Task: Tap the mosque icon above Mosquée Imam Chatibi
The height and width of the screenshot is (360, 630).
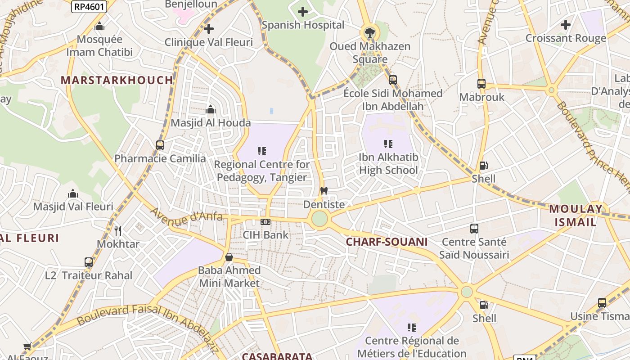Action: (99, 27)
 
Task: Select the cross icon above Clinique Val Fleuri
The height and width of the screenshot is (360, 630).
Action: (209, 29)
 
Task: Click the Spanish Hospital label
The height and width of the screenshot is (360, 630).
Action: (303, 25)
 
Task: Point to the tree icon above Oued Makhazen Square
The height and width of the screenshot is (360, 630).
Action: (369, 32)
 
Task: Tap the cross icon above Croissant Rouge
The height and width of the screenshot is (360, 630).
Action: (566, 24)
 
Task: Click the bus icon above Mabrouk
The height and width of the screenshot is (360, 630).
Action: (481, 83)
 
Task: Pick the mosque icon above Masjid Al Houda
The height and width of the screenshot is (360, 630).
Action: (211, 109)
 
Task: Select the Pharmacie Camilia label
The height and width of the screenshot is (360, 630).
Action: (160, 158)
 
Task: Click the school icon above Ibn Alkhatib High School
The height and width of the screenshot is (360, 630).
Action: (388, 144)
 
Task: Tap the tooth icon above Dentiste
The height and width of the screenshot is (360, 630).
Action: (324, 191)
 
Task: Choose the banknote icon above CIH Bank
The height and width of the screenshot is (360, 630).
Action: (265, 221)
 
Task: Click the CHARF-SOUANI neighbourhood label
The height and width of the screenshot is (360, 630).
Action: (387, 242)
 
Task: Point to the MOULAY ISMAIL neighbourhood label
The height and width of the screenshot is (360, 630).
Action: (576, 215)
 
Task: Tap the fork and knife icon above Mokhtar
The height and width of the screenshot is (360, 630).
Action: (118, 231)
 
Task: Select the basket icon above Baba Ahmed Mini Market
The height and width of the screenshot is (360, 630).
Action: (229, 257)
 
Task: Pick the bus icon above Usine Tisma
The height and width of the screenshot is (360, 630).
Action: (602, 302)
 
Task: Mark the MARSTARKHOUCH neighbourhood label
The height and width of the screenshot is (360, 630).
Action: (117, 81)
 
